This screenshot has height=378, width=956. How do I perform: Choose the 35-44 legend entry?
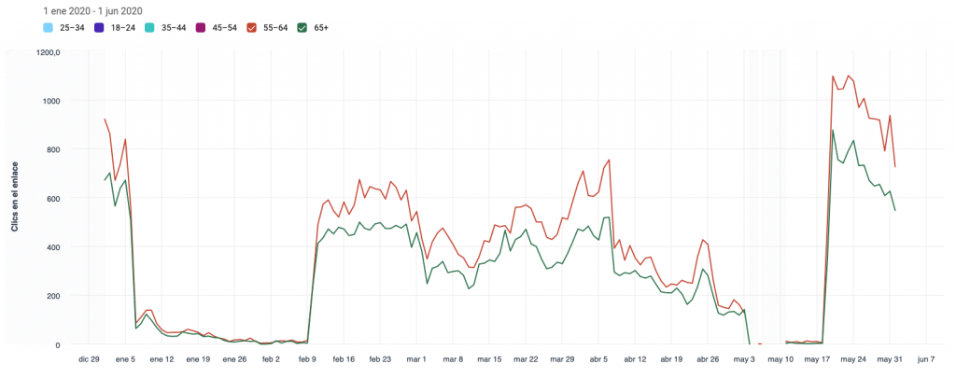[x=168, y=27]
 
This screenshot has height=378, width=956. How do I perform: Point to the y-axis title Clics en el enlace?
[x=15, y=198]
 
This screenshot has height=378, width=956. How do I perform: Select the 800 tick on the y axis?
[x=54, y=149]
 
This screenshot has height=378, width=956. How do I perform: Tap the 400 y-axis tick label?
[x=54, y=247]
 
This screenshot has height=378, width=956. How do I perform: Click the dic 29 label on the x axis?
[x=89, y=358]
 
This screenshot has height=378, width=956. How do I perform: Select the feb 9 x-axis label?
[x=307, y=358]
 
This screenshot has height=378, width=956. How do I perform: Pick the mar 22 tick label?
[x=527, y=358]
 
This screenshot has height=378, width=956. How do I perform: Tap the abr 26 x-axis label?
[x=708, y=358]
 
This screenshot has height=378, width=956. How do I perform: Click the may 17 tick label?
[x=817, y=358]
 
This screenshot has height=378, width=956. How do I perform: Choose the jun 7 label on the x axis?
[x=925, y=358]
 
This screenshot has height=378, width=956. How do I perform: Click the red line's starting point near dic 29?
[x=105, y=119]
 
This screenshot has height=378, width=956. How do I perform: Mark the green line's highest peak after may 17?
[x=833, y=130]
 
